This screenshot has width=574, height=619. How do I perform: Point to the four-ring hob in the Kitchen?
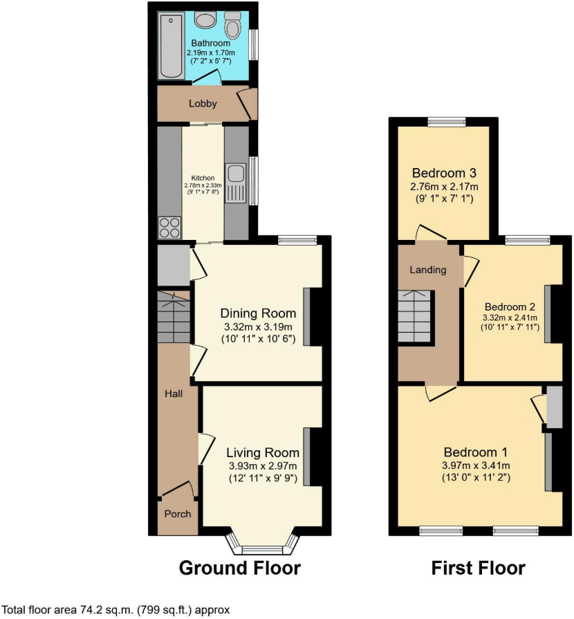tap(170, 228)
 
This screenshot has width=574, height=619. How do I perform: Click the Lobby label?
tap(203, 104)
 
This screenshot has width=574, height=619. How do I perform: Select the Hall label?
tap(173, 394)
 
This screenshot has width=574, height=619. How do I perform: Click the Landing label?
tap(428, 270)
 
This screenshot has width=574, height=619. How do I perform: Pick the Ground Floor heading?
tap(240, 569)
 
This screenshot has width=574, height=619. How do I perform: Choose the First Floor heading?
tap(478, 569)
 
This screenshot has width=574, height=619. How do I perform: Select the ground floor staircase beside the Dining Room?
tap(173, 317)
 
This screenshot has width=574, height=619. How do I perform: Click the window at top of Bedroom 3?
tap(446, 122)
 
